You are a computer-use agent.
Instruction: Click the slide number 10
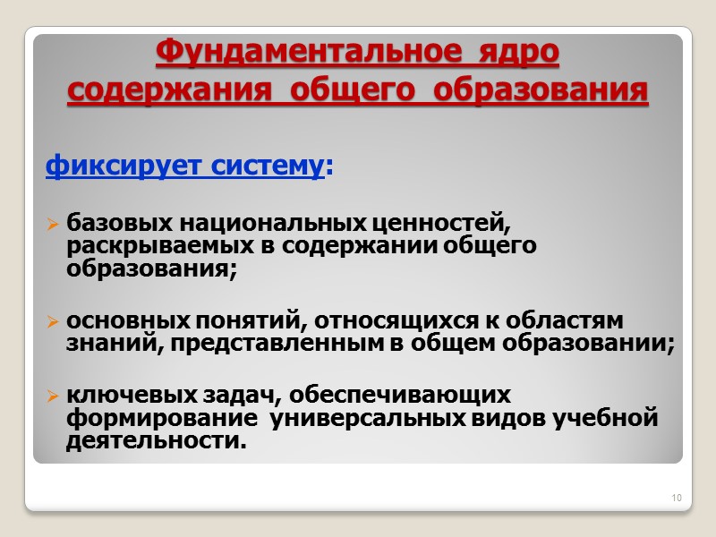[676, 498]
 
